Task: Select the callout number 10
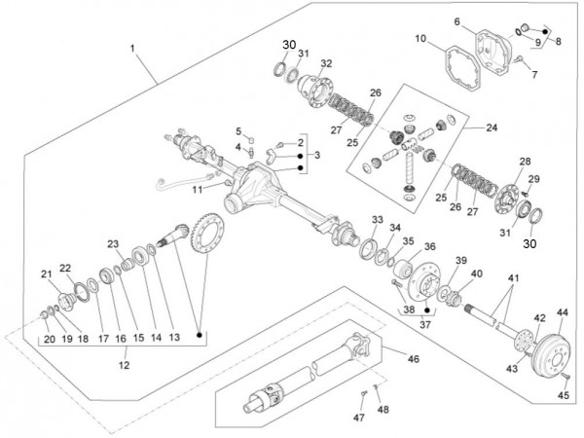[x=420, y=39]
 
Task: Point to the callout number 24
[x=491, y=127]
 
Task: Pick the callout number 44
[x=562, y=313]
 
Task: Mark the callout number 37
[x=424, y=326]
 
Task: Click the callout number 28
[x=525, y=162]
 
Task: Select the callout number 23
[x=113, y=243]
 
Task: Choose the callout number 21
[x=45, y=274]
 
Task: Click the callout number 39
[x=461, y=261]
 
